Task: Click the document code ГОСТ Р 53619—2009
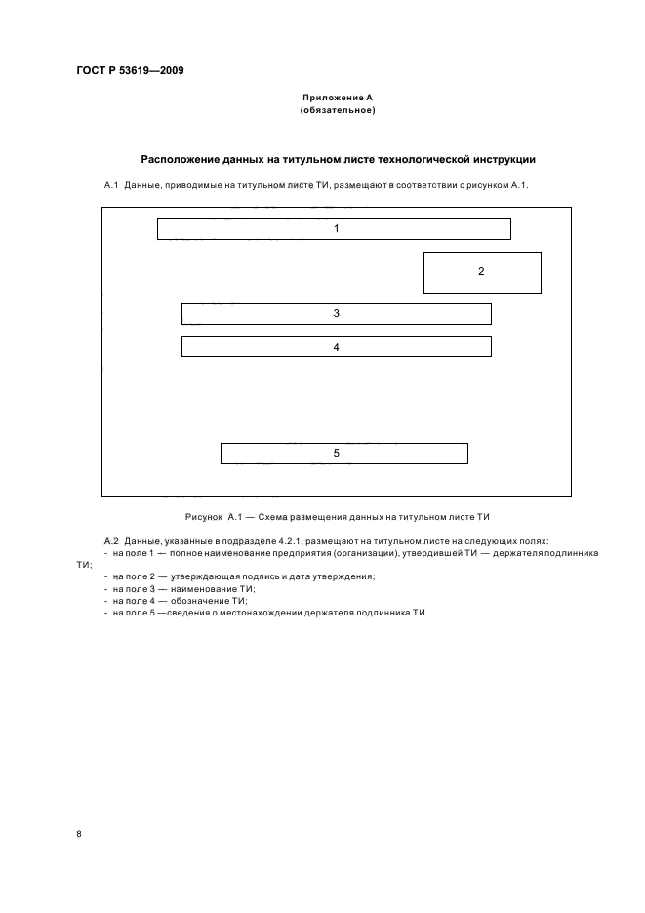pyautogui.click(x=130, y=71)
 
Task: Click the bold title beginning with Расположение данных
pyautogui.click(x=338, y=159)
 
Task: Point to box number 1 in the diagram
pyautogui.click(x=334, y=229)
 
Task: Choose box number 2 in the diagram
pyautogui.click(x=481, y=272)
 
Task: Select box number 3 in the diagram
pyautogui.click(x=336, y=314)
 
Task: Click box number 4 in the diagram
pyautogui.click(x=336, y=346)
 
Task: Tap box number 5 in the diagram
pyautogui.click(x=343, y=454)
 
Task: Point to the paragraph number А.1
pyautogui.click(x=110, y=185)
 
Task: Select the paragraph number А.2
pyautogui.click(x=110, y=540)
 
